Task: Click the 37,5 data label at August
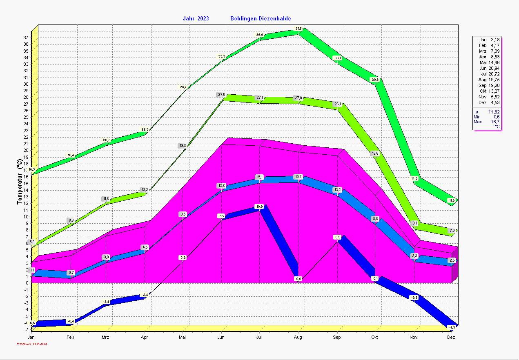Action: [x=298, y=29]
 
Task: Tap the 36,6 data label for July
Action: [x=260, y=35]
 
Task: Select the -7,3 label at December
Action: [x=452, y=327]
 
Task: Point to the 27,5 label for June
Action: [x=221, y=95]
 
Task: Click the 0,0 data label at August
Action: [x=298, y=279]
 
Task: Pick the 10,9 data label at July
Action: [x=260, y=207]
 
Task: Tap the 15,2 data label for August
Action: [x=298, y=177]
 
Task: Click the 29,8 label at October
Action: [x=375, y=80]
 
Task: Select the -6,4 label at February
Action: [x=71, y=322]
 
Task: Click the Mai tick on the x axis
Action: [x=183, y=338]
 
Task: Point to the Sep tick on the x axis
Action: [x=337, y=338]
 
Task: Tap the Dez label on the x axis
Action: [x=451, y=338]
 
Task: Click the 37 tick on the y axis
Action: [x=25, y=38]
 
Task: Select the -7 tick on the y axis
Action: [x=25, y=329]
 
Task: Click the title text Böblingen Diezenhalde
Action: [x=261, y=18]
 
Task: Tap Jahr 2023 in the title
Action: [x=196, y=18]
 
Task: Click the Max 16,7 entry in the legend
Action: [x=487, y=122]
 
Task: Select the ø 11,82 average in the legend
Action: [x=487, y=112]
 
